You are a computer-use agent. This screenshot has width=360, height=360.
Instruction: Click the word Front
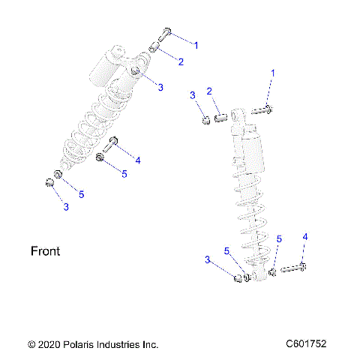[45, 251]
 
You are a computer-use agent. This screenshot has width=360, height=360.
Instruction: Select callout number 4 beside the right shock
[304, 238]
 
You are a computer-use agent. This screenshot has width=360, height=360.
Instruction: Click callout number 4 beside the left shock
[137, 160]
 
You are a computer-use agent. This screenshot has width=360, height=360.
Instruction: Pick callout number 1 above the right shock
[273, 73]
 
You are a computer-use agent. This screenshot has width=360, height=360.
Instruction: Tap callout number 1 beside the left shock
[196, 45]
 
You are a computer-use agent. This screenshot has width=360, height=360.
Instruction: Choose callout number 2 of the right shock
[211, 91]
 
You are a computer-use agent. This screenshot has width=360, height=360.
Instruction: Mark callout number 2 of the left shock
[180, 61]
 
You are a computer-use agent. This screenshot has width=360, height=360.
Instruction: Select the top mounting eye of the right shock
[238, 116]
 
